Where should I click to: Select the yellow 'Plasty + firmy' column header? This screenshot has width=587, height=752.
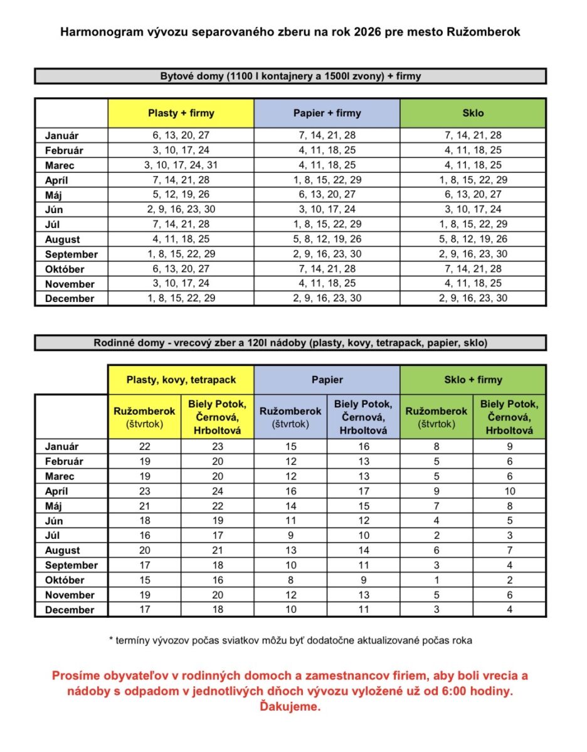pos(181,113)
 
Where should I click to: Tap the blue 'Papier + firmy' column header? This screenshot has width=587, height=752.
pos(327,113)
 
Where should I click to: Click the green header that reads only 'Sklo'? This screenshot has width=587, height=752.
pos(472,113)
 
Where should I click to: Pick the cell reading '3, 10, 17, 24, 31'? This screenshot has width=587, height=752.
pos(181,165)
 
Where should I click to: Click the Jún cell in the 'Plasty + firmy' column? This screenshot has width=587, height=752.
pos(181,209)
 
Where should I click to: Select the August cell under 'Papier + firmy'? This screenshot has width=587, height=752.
pos(327,239)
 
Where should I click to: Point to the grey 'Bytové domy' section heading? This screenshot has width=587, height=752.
pos(290,76)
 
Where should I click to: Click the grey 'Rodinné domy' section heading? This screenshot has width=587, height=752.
pos(290,343)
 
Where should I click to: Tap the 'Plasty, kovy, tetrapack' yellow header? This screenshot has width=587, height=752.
pos(181,380)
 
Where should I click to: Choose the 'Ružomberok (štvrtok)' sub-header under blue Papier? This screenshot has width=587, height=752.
pos(290,417)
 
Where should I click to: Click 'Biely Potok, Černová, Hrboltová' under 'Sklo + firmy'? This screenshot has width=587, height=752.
pos(509,417)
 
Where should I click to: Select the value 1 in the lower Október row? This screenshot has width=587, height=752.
pos(436,580)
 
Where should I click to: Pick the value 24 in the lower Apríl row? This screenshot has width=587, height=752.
pos(217,491)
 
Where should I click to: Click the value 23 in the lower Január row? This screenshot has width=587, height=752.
pos(217,447)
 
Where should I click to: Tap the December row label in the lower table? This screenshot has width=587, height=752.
pos(70,610)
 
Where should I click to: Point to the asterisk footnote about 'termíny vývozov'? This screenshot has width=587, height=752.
pos(290,640)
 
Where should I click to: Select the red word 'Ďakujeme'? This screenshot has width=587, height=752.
pos(290,707)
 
